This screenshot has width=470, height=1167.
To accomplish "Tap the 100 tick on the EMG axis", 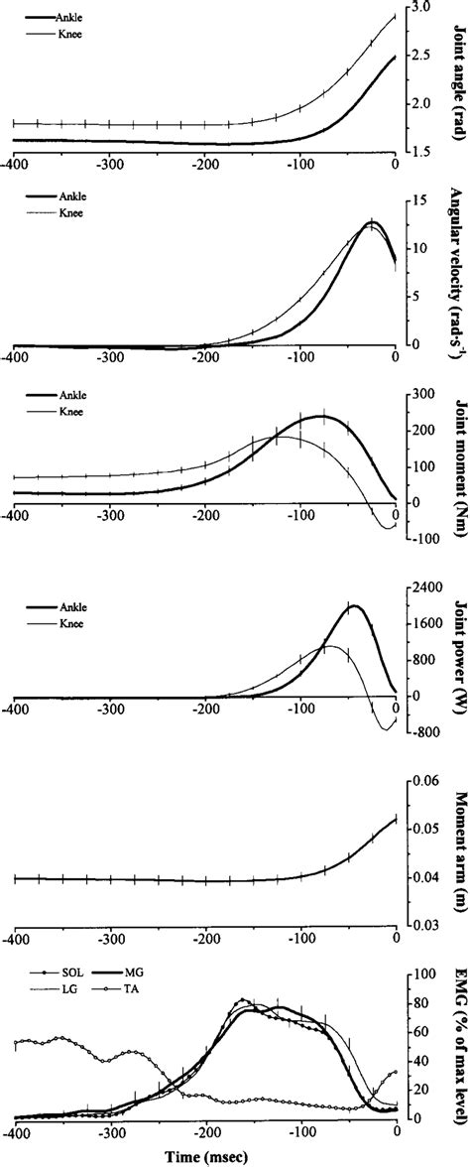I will (420, 972).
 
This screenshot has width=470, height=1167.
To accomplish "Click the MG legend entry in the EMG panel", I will (139, 976).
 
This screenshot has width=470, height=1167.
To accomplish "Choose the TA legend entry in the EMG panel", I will (138, 992).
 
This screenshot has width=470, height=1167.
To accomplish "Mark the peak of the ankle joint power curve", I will (353, 605).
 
